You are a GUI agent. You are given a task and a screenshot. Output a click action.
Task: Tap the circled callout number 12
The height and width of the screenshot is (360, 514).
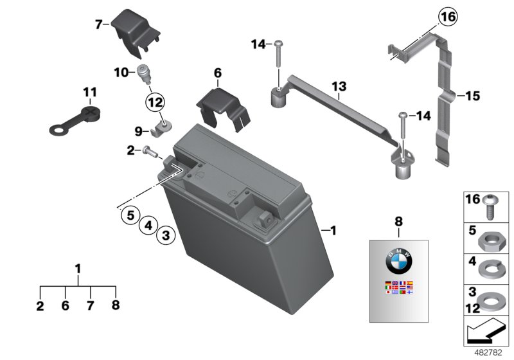tap(155, 101)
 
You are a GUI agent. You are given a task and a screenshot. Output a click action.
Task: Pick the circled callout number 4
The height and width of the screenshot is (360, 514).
tap(148, 225)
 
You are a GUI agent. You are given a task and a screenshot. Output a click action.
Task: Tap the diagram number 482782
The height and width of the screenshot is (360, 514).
tap(492, 352)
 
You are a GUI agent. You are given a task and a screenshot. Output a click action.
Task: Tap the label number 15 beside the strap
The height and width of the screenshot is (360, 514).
tap(472, 96)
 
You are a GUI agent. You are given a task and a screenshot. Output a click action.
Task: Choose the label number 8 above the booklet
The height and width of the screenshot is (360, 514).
tap(398, 221)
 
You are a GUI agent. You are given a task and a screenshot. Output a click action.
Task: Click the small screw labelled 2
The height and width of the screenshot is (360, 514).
tap(150, 152)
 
